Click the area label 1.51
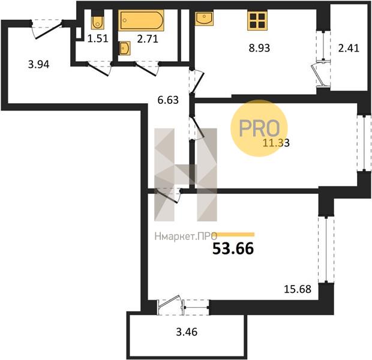[x=98, y=38]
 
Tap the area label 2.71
[x=148, y=38]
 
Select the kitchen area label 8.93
[x=259, y=48]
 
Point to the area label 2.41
[x=349, y=48]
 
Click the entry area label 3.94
[x=38, y=64]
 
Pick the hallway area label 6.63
[x=168, y=100]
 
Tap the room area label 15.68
[x=298, y=289]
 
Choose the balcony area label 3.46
[x=187, y=332]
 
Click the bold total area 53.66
[x=233, y=248]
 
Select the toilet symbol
[x=98, y=23]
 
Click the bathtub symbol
[x=141, y=20]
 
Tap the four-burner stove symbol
[x=257, y=20]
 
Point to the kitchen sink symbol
[x=204, y=19]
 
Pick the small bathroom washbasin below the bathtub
[x=125, y=48]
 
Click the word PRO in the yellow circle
[x=259, y=128]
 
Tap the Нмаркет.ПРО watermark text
[x=186, y=236]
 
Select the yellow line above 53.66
[x=235, y=235]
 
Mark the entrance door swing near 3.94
[x=47, y=29]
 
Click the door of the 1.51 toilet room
[x=99, y=68]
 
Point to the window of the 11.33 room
[x=364, y=143]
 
